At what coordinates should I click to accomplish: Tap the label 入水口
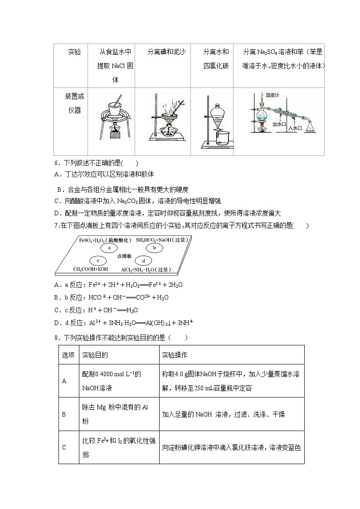click(x=295, y=128)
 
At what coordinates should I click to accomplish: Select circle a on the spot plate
click(x=109, y=248)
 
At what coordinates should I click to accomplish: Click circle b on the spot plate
click(x=154, y=248)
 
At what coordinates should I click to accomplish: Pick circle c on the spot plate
click(x=98, y=260)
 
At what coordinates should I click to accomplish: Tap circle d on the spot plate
click(x=143, y=261)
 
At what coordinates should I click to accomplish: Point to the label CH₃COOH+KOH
click(x=91, y=269)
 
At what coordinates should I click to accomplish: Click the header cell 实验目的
click(x=95, y=354)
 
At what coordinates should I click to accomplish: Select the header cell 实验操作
click(x=175, y=354)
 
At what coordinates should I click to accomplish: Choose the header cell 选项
click(x=68, y=354)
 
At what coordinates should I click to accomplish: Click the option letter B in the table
click(x=64, y=414)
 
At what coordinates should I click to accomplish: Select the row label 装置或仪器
click(x=74, y=103)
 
